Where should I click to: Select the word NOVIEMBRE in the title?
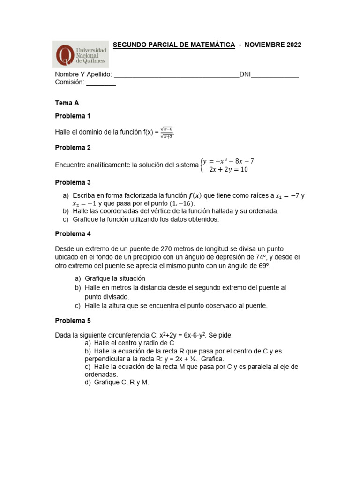(x=263, y=45)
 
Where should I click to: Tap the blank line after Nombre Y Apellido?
(x=176, y=75)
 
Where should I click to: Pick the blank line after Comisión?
(x=101, y=83)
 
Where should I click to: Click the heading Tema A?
(x=67, y=103)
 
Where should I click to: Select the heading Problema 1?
(x=73, y=116)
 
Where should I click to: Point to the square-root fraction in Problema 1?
(x=167, y=133)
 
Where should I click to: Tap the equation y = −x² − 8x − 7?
(x=228, y=161)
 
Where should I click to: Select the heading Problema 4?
(x=73, y=234)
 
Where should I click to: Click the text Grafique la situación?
(x=115, y=278)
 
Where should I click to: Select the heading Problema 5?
(x=73, y=321)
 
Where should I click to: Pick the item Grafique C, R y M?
(x=121, y=382)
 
